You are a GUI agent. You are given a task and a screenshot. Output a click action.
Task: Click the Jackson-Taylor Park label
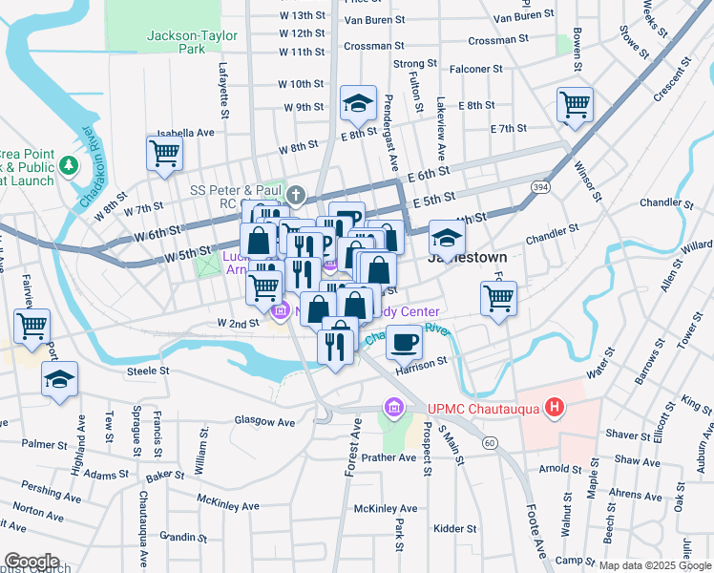coord(177,42)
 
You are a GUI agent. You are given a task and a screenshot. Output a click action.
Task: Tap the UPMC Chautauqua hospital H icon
coord(555,409)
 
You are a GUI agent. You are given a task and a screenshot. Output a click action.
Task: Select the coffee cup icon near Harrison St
coord(405,341)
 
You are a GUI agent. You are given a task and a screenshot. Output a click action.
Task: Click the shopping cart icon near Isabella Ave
coord(165,152)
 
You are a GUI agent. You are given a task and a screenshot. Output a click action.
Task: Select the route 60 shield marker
coord(490,442)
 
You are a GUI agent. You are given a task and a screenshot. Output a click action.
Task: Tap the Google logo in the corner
coord(31,562)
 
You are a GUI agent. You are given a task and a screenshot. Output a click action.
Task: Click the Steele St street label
coord(148,371)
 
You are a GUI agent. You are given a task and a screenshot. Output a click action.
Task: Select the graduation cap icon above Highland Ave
coord(60,380)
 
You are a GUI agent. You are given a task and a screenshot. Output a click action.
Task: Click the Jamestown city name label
coord(467,258)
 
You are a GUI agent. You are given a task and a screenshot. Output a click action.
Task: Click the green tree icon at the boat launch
coord(68,166)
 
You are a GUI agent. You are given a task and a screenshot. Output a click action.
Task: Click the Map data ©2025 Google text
coord(655,565)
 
